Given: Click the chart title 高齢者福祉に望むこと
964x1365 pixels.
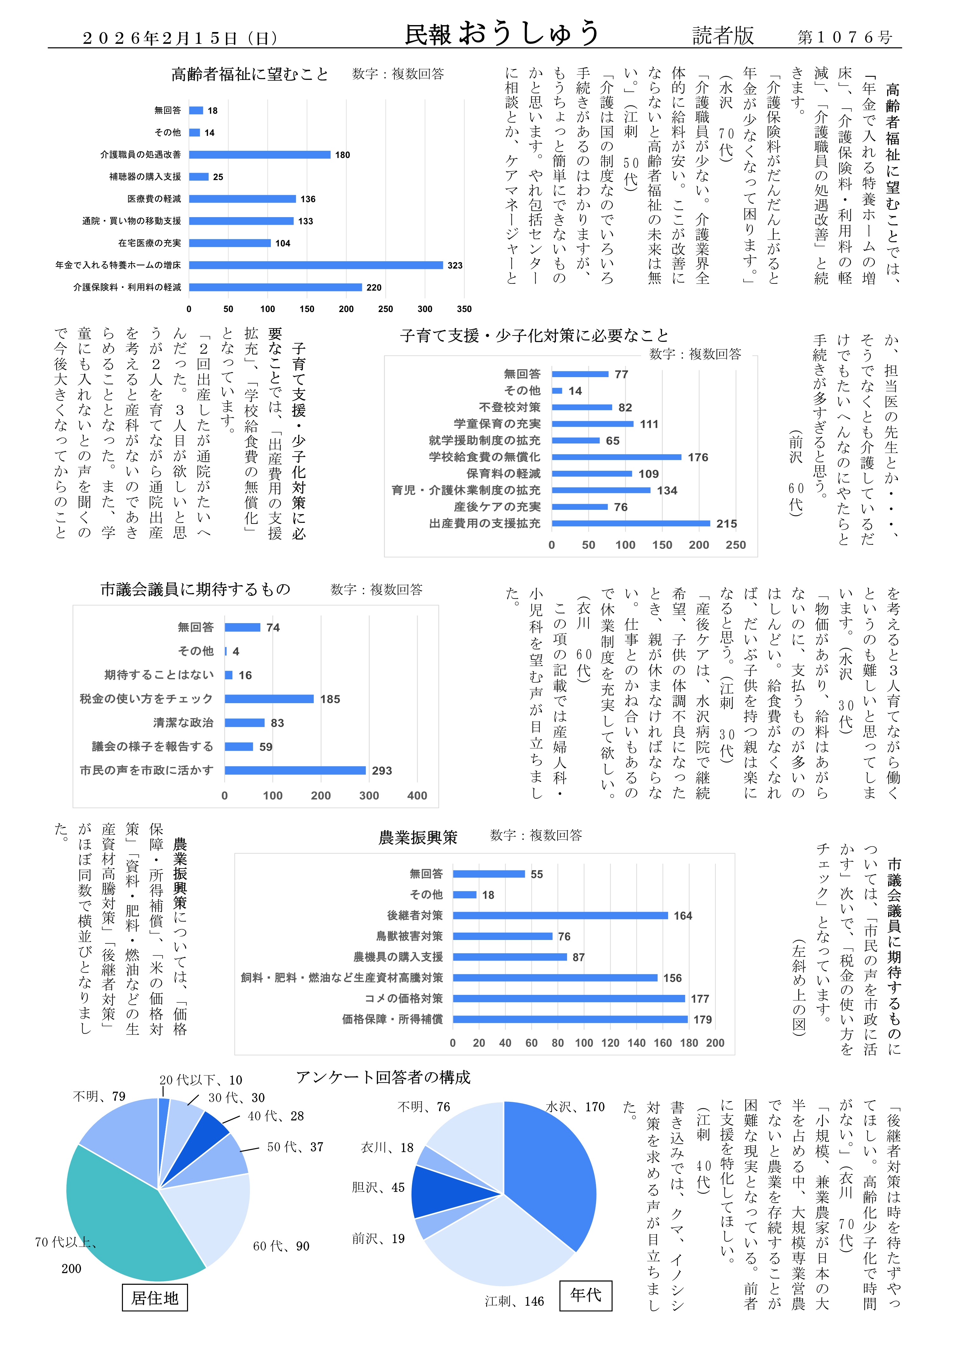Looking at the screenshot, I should click(250, 74).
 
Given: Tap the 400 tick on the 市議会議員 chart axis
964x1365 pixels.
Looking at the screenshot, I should click(417, 796).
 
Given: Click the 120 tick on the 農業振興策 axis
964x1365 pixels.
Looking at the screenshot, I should click(610, 1043).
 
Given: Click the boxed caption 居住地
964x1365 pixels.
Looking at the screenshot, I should click(155, 1298).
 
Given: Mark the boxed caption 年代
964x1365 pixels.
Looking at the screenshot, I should click(586, 1295).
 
